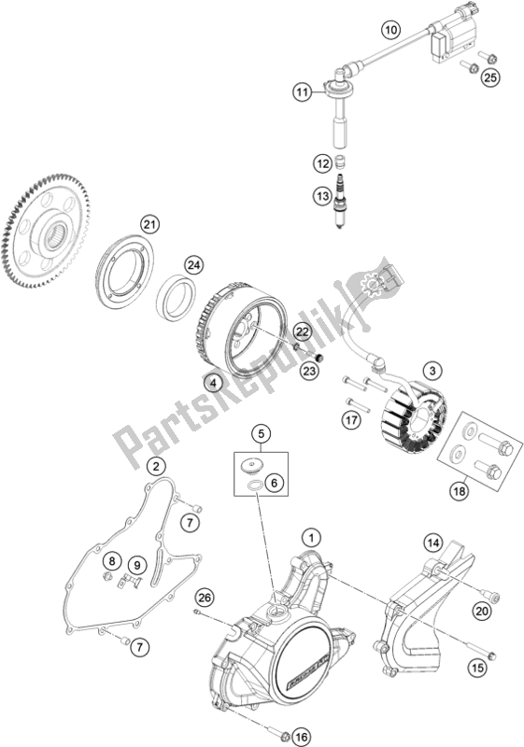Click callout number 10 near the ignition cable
[x=390, y=31]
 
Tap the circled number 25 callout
[x=490, y=78]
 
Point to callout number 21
[x=149, y=224]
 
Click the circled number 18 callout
[x=460, y=490]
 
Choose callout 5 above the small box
[x=261, y=433]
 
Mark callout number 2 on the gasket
[x=156, y=465]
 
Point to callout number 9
[x=137, y=565]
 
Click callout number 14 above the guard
[x=433, y=543]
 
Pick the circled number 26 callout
[x=205, y=596]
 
